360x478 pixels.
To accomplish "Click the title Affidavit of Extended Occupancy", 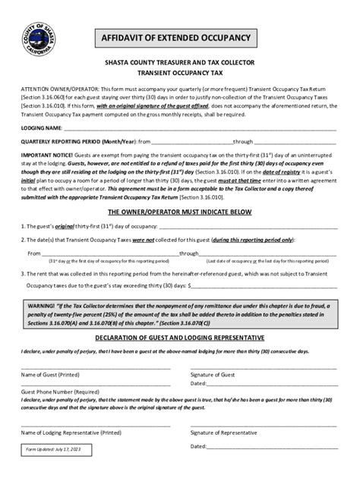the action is pos(179,37).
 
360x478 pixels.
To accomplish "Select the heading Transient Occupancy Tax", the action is pos(179,76).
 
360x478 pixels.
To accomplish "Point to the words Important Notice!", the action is pos(45,154).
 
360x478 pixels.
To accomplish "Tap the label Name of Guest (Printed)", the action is pos(51,375).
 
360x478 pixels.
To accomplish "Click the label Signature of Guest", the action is pos(213,375).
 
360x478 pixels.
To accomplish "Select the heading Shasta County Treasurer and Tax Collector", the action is pos(179,66).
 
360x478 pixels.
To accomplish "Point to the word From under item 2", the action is pos(34,253).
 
